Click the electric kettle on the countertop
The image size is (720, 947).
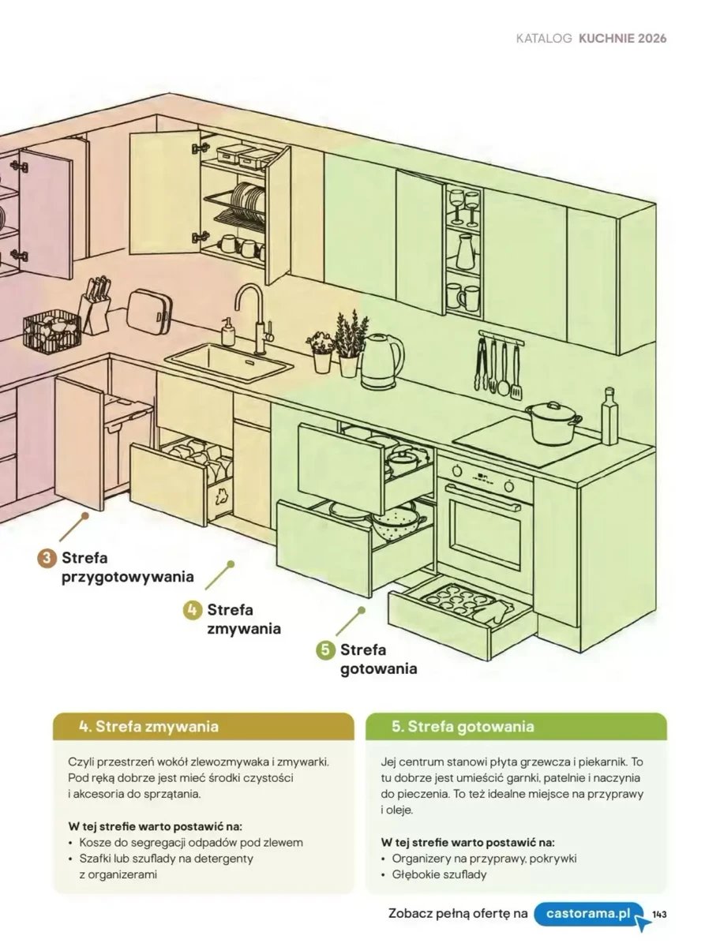point(382,361)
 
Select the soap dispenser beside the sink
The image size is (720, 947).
point(228,331)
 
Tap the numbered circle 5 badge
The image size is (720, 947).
point(325,650)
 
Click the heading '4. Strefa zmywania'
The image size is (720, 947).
point(148,727)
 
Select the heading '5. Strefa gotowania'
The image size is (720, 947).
point(463,727)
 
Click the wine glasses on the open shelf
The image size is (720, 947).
point(465,207)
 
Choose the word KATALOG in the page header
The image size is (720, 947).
point(544,39)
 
